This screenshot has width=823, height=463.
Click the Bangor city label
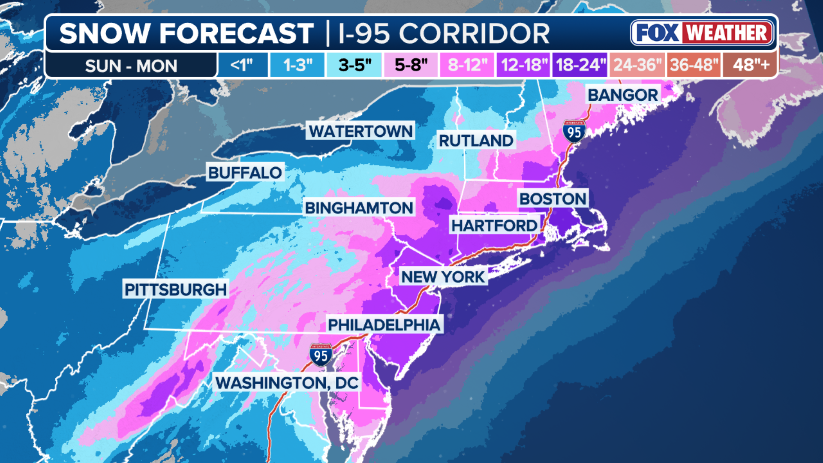tap(622, 95)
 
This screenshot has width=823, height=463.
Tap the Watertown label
tap(360, 131)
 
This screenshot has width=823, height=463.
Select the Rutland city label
tap(476, 140)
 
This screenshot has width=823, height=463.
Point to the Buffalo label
tap(245, 172)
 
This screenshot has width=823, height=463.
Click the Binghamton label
tap(359, 208)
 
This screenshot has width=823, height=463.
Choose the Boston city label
tap(553, 198)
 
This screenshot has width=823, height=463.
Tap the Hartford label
tap(494, 225)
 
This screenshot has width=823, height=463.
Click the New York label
tap(443, 277)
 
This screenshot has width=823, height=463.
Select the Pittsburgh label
tap(175, 289)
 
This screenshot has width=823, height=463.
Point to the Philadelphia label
tap(384, 325)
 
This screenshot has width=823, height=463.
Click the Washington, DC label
tap(287, 382)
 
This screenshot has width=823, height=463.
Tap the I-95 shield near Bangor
tap(574, 132)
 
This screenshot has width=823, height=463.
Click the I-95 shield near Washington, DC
tap(321, 355)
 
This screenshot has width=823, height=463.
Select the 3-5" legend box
tap(354, 65)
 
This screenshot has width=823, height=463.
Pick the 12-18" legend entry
tap(523, 65)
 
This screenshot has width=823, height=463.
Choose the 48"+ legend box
tap(750, 65)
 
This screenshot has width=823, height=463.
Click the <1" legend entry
tap(242, 65)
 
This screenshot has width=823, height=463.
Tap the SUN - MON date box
tap(131, 66)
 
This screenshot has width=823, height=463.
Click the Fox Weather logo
tap(702, 33)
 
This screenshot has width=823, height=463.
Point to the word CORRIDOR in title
tap(474, 33)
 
